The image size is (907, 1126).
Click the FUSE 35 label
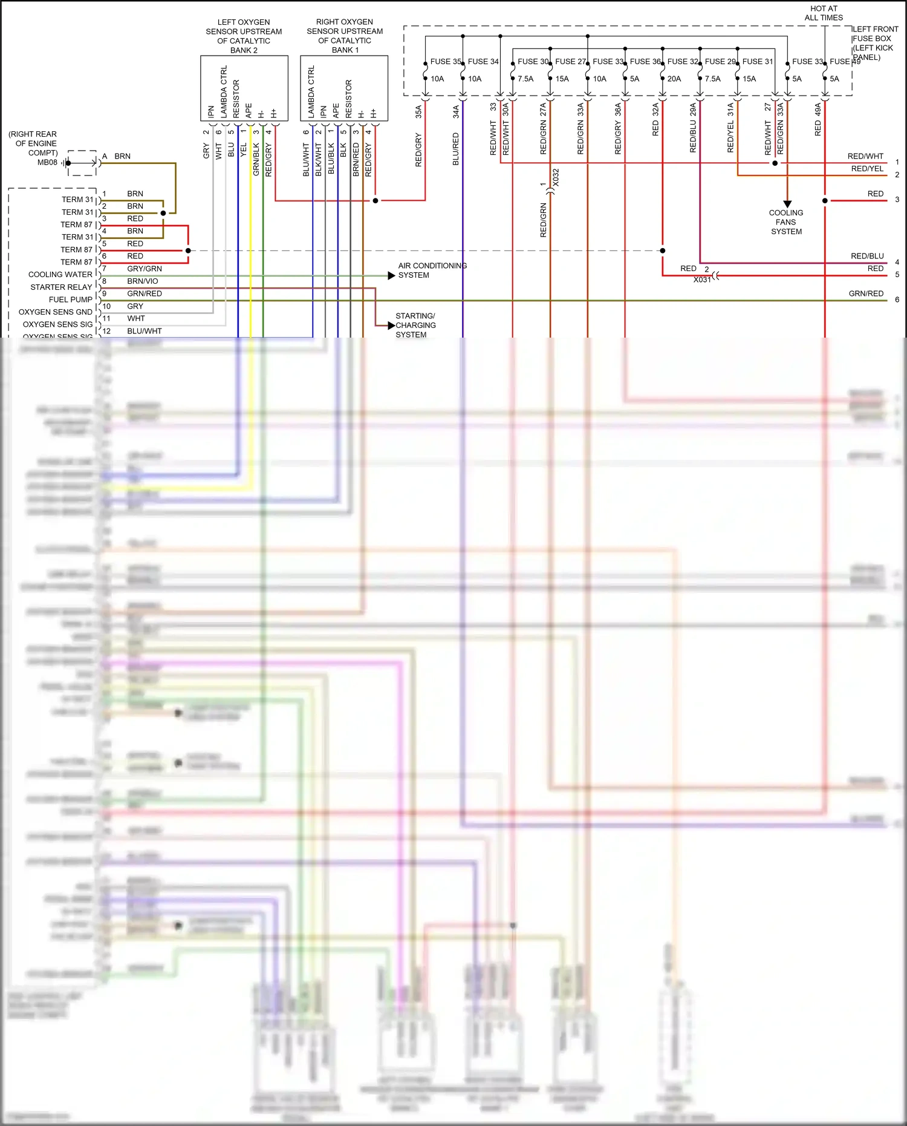coord(445,62)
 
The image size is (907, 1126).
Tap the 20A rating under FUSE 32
coord(674,79)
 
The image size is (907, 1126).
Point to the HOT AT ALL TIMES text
coord(824,13)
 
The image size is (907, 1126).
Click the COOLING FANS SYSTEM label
coord(786,222)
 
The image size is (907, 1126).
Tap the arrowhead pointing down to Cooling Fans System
coord(787,204)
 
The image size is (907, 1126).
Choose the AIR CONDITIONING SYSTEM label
coord(432,270)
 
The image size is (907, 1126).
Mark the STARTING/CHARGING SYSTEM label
coord(415,325)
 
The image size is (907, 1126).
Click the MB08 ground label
coord(47,162)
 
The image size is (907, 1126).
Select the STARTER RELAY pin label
coord(61,287)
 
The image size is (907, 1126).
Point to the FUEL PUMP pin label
coord(71,300)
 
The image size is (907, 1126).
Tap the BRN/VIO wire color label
coord(143,281)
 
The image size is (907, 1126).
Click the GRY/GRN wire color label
coord(145,269)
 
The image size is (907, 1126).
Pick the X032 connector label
coord(556,177)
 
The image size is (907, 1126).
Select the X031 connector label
coord(702,280)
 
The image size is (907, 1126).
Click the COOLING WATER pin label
coord(60,275)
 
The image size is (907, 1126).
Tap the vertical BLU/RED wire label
coord(456,149)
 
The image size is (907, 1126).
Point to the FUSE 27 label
coord(570,62)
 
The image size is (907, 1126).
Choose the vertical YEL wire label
coord(244,149)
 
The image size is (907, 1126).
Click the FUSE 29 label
coord(720,62)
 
